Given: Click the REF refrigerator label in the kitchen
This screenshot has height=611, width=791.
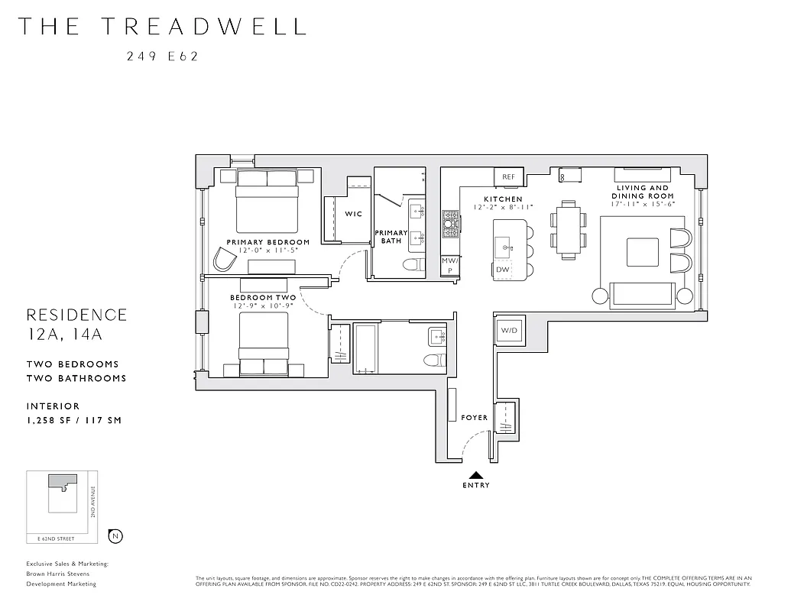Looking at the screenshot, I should (x=508, y=177).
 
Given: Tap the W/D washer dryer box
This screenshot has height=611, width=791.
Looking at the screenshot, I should (x=508, y=331).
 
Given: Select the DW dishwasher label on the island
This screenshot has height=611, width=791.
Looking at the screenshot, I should (x=502, y=270).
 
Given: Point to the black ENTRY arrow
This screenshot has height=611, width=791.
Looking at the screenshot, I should (x=475, y=475).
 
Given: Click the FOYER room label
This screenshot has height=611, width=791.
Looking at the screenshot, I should (x=474, y=418).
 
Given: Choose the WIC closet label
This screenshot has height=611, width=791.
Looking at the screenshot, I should (x=353, y=214).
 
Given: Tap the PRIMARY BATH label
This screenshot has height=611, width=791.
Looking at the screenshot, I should (x=391, y=237).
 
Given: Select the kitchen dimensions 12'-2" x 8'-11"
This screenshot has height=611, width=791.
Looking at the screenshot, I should (x=502, y=208).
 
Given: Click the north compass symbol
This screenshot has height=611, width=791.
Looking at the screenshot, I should (x=115, y=536).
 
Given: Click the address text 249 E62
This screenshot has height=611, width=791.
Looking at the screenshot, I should (x=162, y=56).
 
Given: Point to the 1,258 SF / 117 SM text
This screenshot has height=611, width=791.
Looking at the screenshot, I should (x=73, y=420).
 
